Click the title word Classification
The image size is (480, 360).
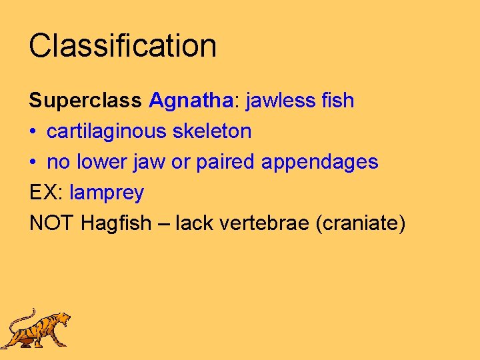pos(123,46)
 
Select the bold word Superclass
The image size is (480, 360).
pos(85,101)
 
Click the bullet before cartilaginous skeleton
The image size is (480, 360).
pos(33,132)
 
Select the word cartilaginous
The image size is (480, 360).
pos(107,131)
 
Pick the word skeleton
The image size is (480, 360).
pos(212,131)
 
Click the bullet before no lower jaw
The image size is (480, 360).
pos(33,163)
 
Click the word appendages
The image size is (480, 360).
pos(320,162)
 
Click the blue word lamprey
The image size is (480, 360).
pos(107,193)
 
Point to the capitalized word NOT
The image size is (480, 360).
pos(52,223)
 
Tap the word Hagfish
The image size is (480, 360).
pos(116,223)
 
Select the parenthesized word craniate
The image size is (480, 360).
pos(363,223)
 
